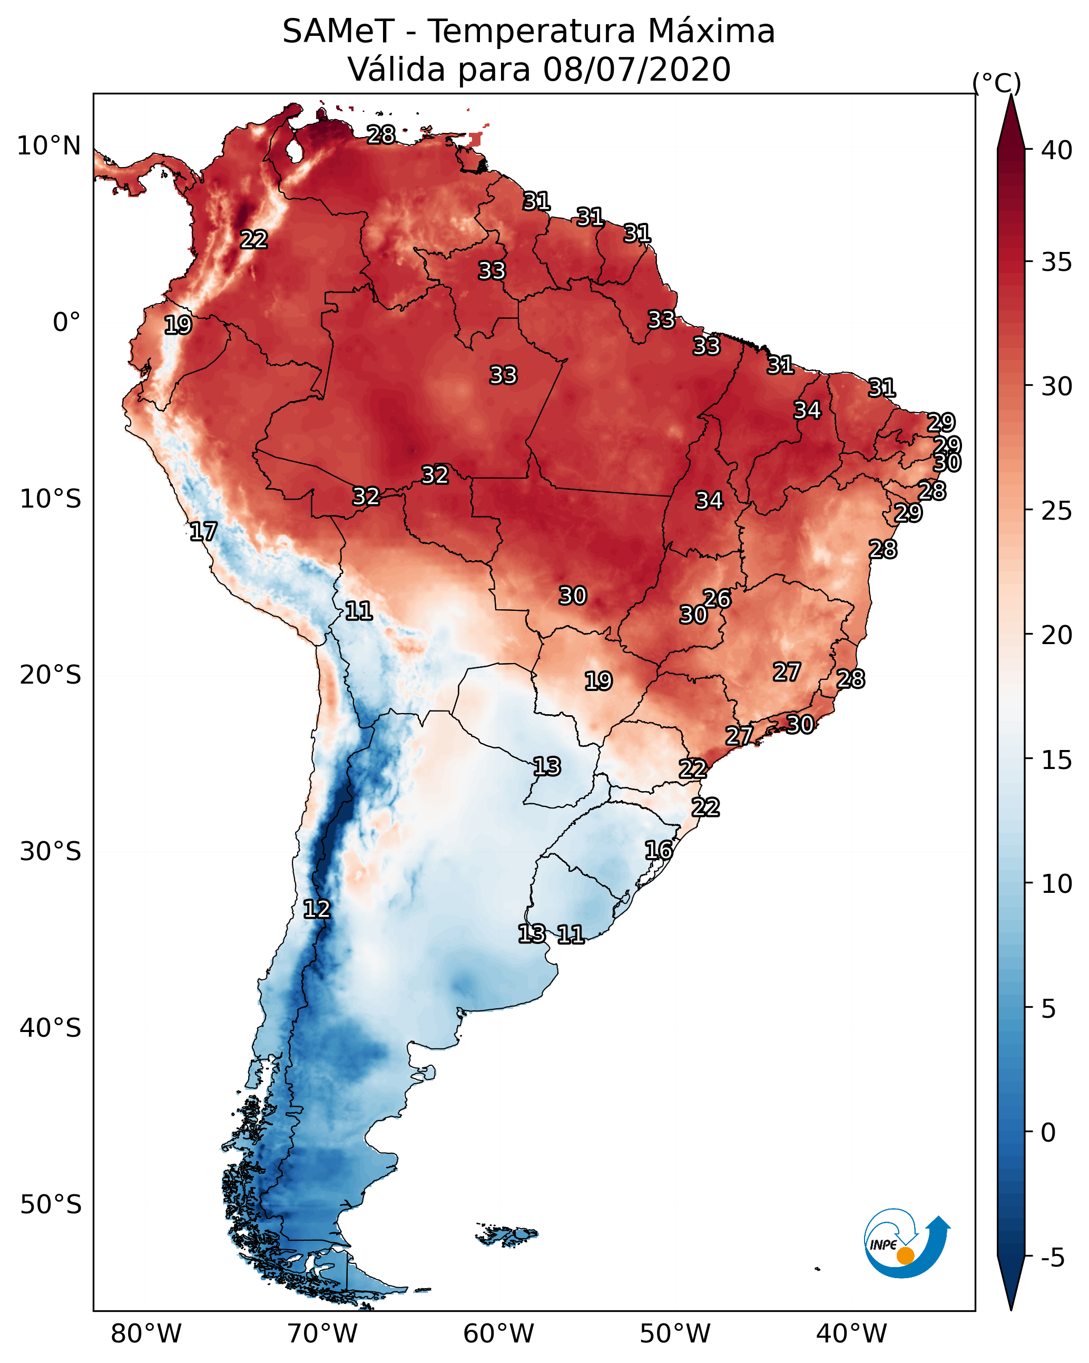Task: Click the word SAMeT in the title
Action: point(338,32)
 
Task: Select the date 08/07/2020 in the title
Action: point(636,70)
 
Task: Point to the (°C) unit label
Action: point(996,83)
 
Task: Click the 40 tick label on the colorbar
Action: point(1056,150)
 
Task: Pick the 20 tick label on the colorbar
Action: point(1056,635)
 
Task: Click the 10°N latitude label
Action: point(48,146)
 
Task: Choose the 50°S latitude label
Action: point(51,1205)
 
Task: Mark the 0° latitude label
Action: point(66,323)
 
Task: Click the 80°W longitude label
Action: point(146,1333)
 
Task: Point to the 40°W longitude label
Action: point(851,1333)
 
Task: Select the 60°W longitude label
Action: point(499,1333)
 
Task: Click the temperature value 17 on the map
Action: point(203,532)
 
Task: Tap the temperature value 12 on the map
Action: point(317,909)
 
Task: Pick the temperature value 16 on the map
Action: point(659,850)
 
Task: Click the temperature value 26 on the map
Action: point(717,598)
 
